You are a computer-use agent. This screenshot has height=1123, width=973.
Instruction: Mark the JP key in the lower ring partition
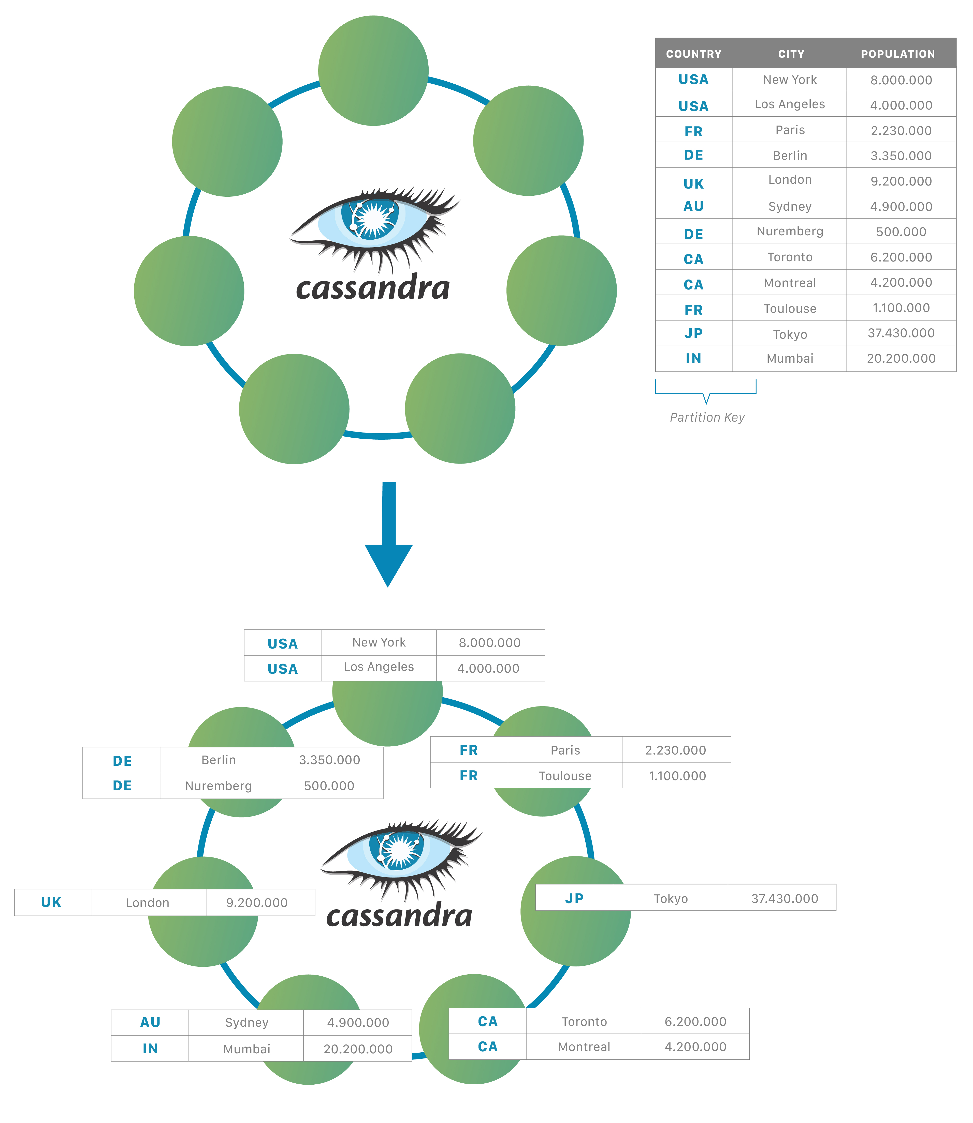tap(574, 898)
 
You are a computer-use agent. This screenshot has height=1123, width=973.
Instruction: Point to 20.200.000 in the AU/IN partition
tap(358, 1049)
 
